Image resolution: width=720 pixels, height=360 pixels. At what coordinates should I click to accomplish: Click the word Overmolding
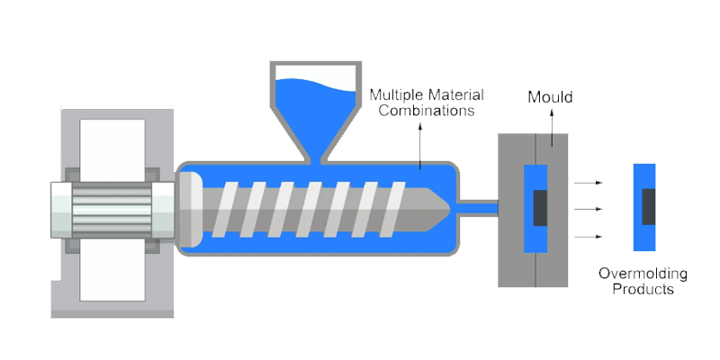(x=644, y=274)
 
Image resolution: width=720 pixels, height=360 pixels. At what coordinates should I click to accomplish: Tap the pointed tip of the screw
(x=445, y=206)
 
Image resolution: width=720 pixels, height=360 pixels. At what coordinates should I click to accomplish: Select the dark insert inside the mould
(x=539, y=208)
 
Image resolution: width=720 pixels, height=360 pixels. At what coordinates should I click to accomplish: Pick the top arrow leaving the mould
(x=588, y=183)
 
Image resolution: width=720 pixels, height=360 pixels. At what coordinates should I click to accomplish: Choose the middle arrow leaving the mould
(x=588, y=210)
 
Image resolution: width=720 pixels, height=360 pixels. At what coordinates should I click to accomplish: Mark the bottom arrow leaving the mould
(x=588, y=237)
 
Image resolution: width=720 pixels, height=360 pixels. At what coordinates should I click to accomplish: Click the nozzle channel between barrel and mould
(x=478, y=208)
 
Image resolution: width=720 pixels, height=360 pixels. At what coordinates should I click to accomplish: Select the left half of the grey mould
(x=515, y=208)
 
